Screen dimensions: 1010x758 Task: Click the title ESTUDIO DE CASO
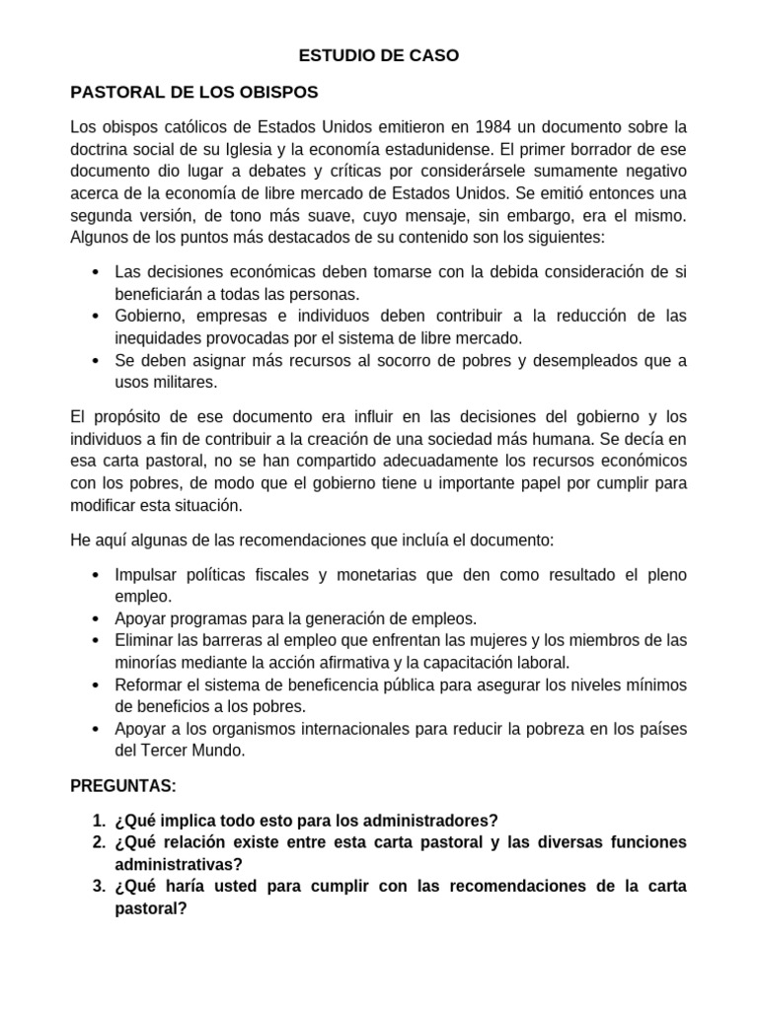pyautogui.click(x=379, y=56)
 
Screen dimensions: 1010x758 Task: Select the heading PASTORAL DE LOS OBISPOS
pyautogui.click(x=193, y=92)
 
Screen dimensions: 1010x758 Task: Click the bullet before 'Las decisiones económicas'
pyautogui.click(x=94, y=271)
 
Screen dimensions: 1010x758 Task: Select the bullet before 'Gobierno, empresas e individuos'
pyautogui.click(x=94, y=316)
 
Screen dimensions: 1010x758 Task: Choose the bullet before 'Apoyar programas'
pyautogui.click(x=94, y=618)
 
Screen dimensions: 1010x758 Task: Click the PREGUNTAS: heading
pyautogui.click(x=123, y=785)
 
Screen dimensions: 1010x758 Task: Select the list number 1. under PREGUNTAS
pyautogui.click(x=99, y=821)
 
